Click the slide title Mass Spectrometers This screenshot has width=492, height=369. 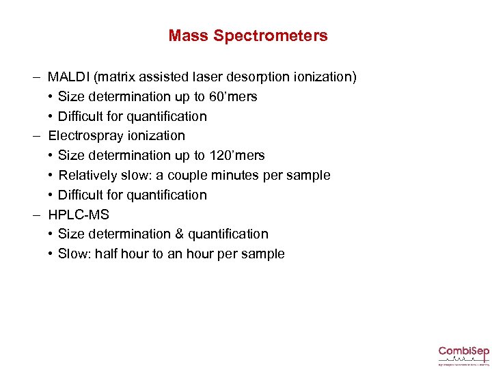[248, 36]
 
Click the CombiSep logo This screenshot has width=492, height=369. [463, 353]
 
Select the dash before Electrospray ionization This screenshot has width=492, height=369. [34, 136]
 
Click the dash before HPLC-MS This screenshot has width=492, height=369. [34, 215]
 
